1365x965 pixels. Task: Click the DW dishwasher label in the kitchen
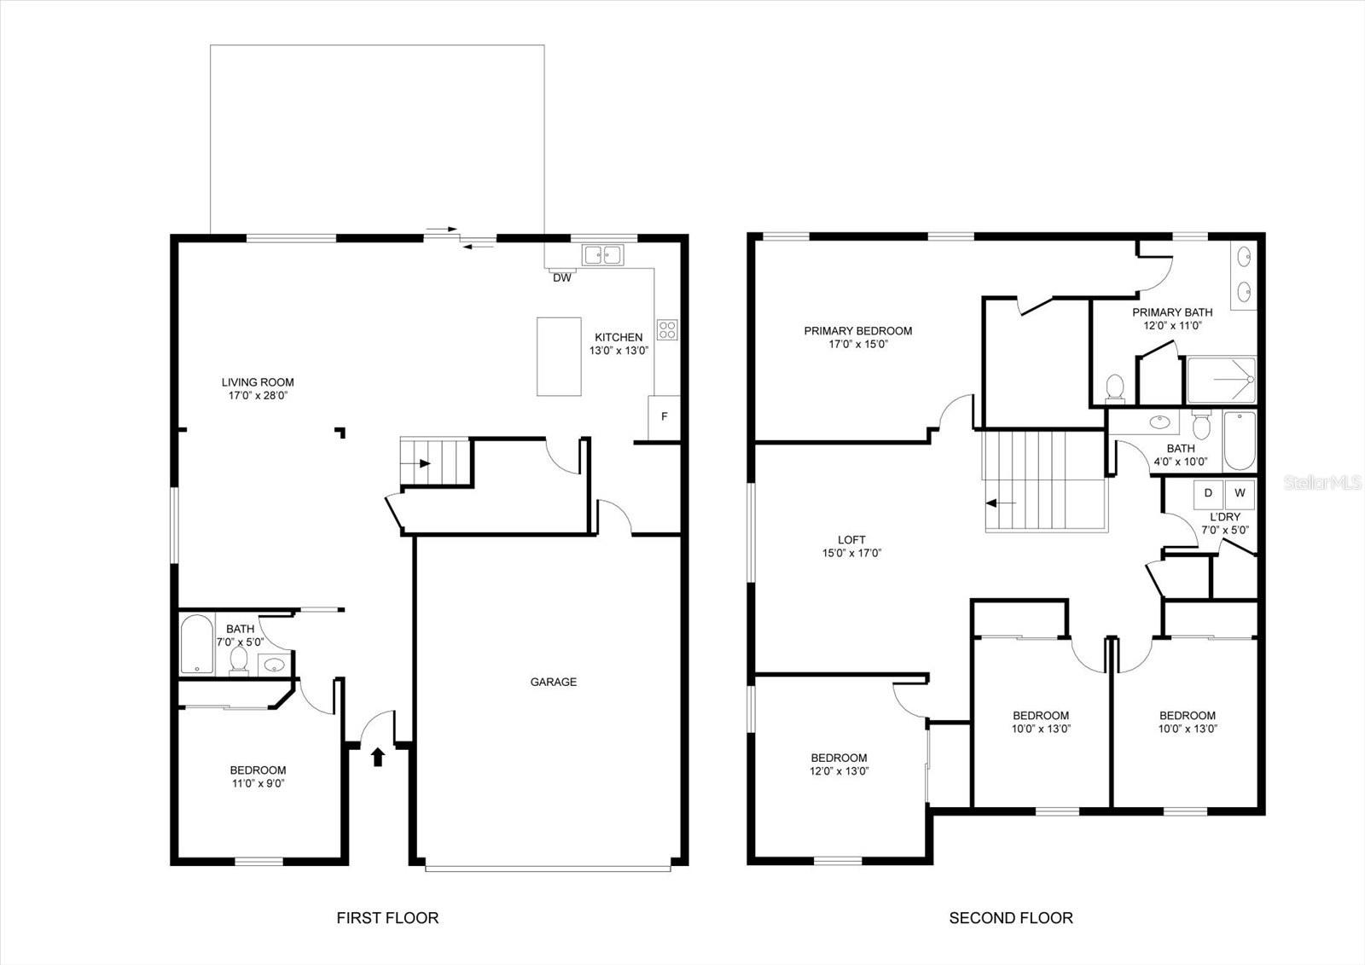tap(561, 277)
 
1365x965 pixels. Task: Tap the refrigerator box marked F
tap(665, 417)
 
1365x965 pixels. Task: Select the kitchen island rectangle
tap(559, 357)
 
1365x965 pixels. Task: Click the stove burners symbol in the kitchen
tap(667, 329)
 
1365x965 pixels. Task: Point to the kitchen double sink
tap(603, 253)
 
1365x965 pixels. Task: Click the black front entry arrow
tap(378, 756)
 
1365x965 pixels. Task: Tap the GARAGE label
tap(553, 682)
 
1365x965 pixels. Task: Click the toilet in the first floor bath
tap(239, 660)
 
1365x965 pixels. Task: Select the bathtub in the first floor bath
tap(196, 644)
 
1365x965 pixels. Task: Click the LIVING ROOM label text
tap(258, 382)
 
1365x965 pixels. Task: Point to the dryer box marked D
tap(1208, 493)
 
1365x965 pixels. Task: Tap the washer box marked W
tap(1240, 493)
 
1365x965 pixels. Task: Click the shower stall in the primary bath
tap(1222, 381)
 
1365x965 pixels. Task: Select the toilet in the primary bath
tap(1114, 388)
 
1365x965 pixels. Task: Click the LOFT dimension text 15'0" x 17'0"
tap(851, 553)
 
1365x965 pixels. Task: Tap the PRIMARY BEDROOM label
tap(857, 331)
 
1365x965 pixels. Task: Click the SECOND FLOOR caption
tap(1011, 918)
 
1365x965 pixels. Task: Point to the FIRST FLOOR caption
tap(387, 918)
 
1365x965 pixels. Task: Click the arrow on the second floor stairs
tap(1000, 503)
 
